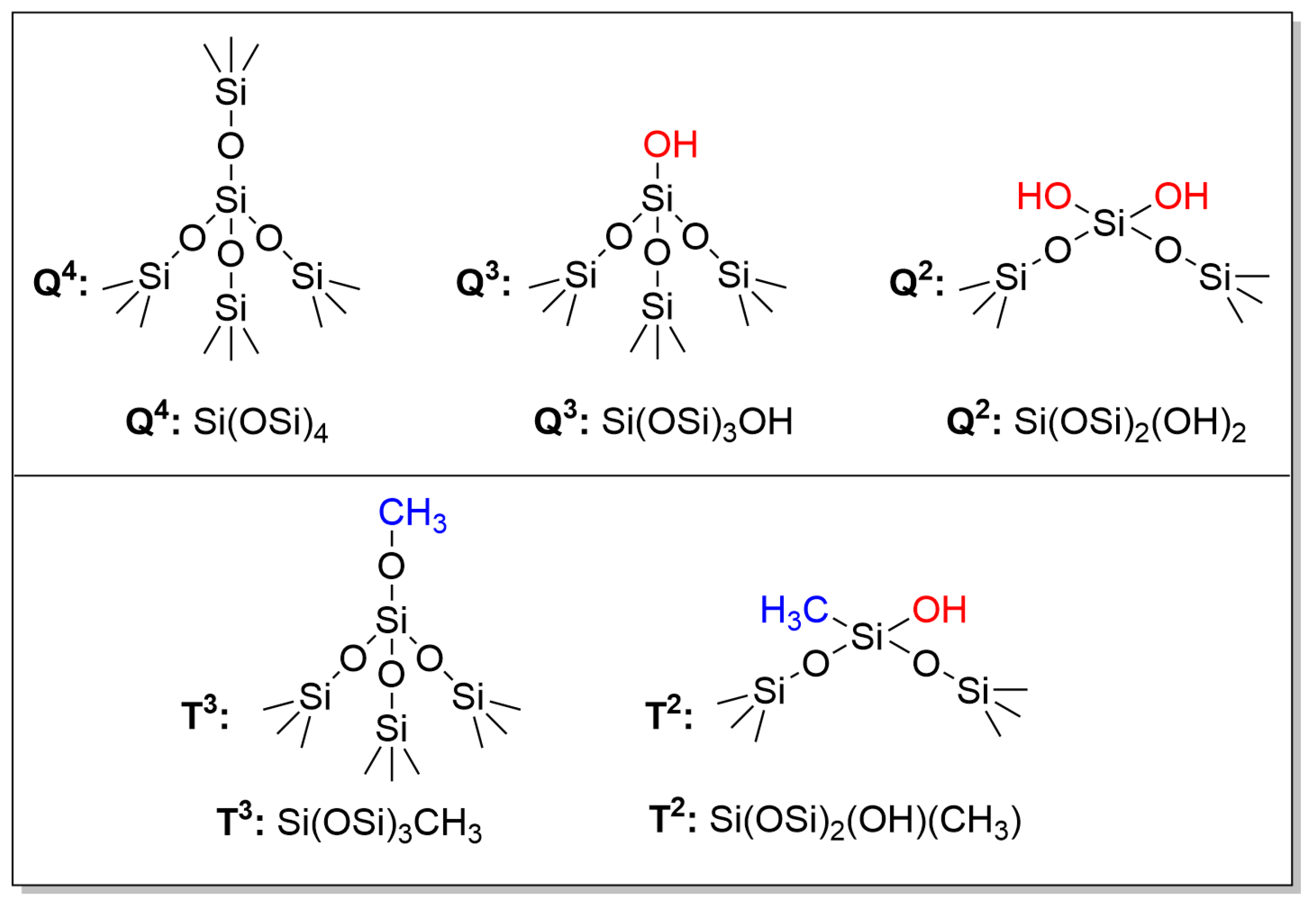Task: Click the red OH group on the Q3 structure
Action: point(670,144)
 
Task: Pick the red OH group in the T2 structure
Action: point(939,610)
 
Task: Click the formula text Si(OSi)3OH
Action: point(697,422)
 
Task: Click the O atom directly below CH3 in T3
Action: point(391,566)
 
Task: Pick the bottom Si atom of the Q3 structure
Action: point(657,308)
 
